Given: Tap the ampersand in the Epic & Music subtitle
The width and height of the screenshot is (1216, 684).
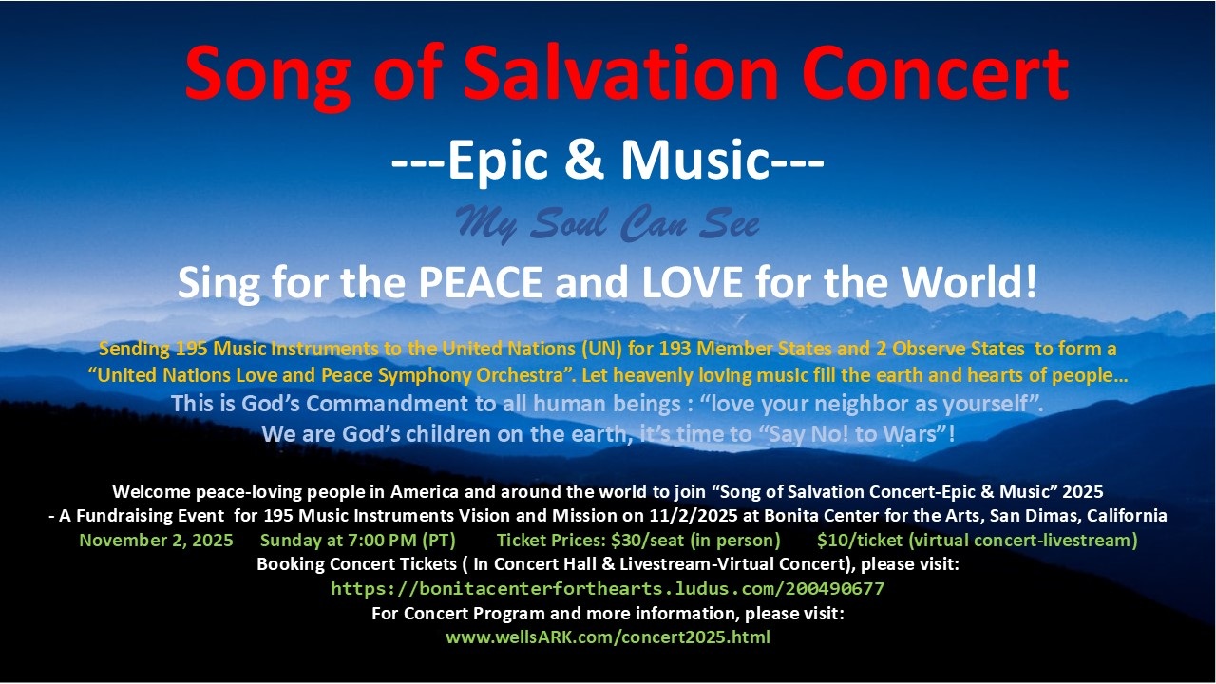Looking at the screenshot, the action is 584,160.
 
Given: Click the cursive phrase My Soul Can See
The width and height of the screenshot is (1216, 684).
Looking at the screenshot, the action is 607,223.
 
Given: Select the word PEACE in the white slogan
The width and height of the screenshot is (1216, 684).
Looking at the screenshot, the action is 481,282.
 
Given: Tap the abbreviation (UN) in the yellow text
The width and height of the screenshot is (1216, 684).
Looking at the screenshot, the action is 601,349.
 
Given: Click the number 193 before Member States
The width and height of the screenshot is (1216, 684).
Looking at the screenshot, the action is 674,349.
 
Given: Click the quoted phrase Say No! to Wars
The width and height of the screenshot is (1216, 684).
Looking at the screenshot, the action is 852,434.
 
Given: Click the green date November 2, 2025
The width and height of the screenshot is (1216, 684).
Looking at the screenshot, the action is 157,541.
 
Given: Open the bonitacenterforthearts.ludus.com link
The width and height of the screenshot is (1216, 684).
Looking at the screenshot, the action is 607,589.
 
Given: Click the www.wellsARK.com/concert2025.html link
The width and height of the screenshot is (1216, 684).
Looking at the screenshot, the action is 608,637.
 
